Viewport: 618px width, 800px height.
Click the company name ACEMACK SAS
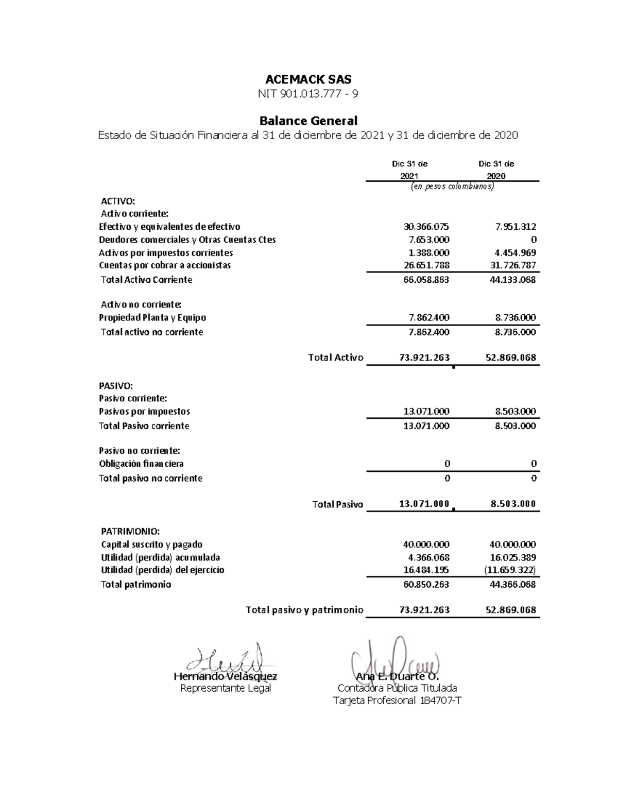point(308,79)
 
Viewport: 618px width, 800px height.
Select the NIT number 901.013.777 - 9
point(308,94)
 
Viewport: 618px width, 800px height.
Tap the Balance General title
point(308,121)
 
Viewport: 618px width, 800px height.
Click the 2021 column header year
point(409,176)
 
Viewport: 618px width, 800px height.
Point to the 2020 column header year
point(496,176)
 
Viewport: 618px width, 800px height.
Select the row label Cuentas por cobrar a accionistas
point(165,265)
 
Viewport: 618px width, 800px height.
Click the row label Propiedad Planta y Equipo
point(152,318)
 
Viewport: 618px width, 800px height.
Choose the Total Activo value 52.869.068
point(510,358)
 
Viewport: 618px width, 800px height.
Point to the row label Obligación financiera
point(141,464)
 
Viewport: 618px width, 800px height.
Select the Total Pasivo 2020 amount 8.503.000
point(513,504)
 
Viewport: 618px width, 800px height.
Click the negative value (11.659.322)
point(509,570)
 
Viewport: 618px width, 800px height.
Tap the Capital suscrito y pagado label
point(151,544)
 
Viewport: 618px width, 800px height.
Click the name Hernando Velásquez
point(226,676)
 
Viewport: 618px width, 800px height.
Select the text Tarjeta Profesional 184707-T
point(397,701)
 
